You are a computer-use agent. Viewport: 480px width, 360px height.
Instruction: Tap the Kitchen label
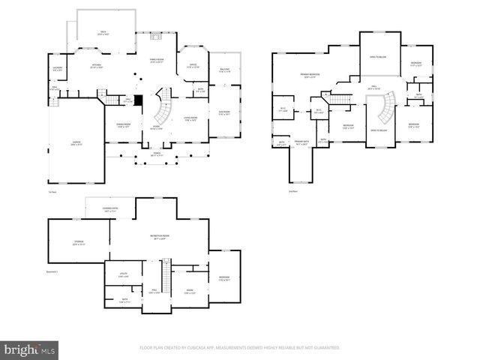tap(96, 67)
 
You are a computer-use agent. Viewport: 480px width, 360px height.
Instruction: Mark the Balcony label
tap(223, 70)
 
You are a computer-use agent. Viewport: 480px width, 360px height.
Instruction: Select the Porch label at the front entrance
tap(156, 154)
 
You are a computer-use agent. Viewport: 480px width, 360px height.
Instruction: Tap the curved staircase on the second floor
tap(385, 109)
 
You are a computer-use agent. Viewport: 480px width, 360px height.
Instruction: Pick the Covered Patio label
tap(109, 211)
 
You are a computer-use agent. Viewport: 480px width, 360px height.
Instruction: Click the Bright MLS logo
tap(30, 349)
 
